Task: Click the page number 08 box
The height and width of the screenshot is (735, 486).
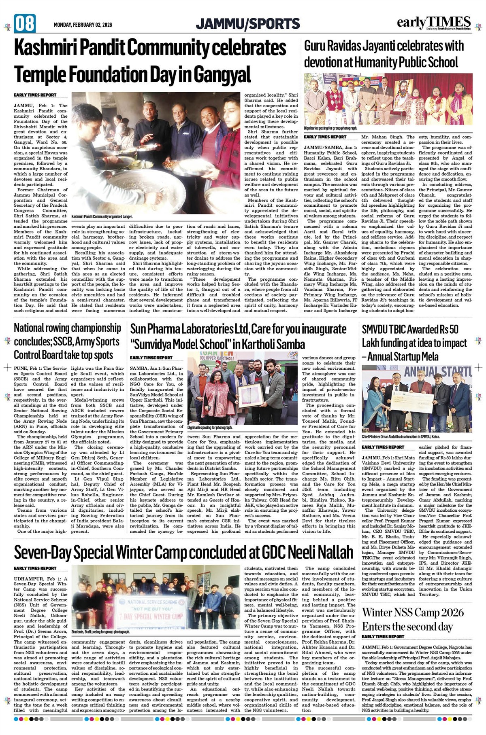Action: (25, 23)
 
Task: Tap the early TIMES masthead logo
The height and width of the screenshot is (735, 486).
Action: (434, 23)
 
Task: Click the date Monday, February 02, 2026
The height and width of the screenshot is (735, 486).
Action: (83, 25)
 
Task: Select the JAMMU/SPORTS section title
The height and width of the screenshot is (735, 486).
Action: (248, 24)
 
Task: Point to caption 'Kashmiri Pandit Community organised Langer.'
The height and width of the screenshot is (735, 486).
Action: (102, 217)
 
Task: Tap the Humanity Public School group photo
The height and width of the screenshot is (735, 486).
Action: (388, 99)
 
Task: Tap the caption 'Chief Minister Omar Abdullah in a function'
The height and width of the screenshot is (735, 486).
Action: (401, 437)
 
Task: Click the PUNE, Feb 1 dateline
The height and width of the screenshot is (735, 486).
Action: (28, 369)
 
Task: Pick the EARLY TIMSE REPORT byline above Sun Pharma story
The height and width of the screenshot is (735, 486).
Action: (151, 358)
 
